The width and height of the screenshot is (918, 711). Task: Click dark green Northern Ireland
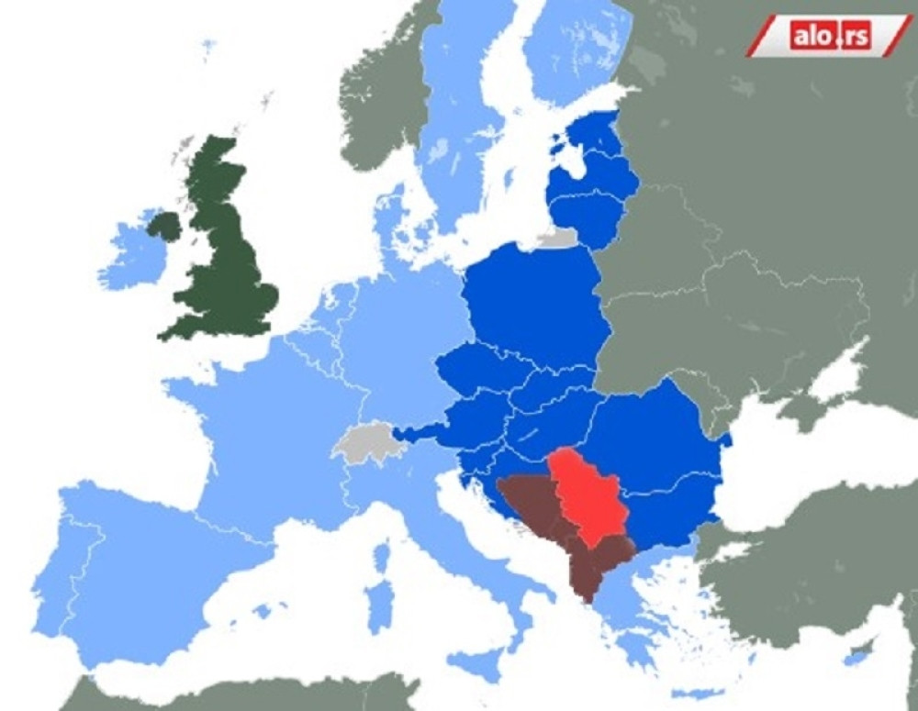click(165, 226)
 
